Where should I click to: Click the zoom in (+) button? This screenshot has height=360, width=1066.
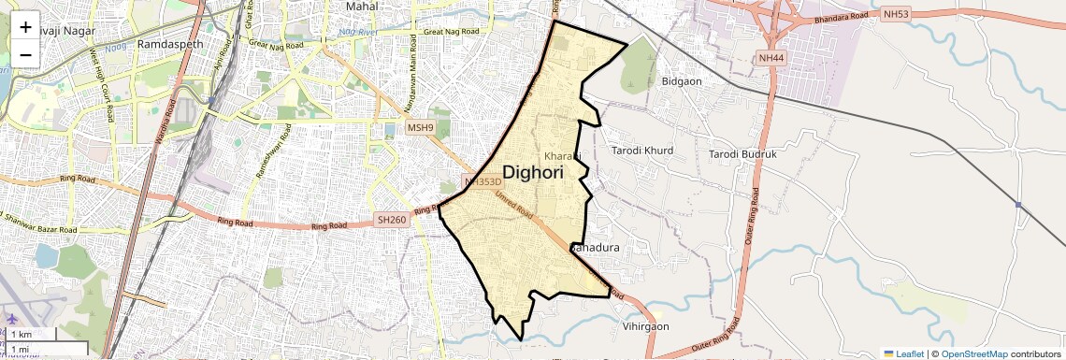pos(25,26)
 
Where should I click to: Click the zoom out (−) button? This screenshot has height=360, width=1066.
pos(25,54)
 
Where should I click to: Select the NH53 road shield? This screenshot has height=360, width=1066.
pos(894,15)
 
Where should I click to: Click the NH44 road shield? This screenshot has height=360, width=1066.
pos(771,59)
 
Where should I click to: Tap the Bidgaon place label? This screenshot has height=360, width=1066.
pos(682,81)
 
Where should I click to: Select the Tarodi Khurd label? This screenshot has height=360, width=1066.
pos(642,151)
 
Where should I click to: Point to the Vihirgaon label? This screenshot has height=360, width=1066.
pos(646,326)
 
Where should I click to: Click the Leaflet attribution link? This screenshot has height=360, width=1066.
pos(903,353)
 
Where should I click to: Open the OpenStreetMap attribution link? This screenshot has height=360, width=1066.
pos(973,353)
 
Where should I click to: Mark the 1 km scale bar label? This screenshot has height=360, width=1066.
pos(21,335)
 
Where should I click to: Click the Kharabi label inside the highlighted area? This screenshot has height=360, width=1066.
pos(563,154)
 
